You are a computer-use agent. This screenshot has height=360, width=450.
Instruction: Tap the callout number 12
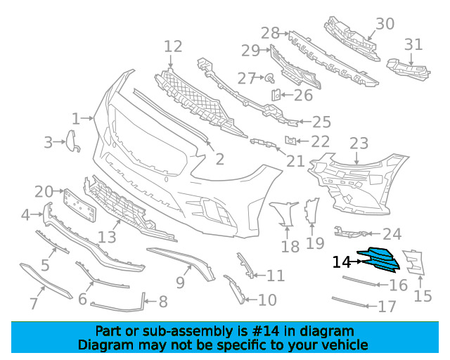click(173, 47)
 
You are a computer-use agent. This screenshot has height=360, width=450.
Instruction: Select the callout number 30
click(384, 24)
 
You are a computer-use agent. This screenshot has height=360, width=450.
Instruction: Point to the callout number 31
click(413, 44)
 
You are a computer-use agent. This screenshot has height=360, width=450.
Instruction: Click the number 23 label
click(359, 144)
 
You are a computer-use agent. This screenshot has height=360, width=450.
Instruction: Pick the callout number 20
click(44, 191)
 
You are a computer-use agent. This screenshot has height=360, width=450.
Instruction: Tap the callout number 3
click(48, 143)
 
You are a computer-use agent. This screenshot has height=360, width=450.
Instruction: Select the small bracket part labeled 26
click(276, 94)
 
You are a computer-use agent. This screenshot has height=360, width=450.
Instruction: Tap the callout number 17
click(387, 307)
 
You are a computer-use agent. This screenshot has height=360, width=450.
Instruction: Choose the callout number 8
click(163, 302)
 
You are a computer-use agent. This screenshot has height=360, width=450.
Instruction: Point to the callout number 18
click(290, 246)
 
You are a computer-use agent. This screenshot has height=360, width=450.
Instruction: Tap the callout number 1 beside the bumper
click(76, 118)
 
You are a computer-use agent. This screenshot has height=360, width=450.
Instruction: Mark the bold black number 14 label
click(342, 262)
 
